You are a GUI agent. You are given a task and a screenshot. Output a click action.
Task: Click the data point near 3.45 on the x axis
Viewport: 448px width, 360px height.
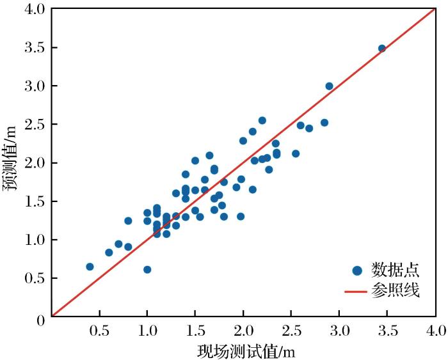coord(382,49)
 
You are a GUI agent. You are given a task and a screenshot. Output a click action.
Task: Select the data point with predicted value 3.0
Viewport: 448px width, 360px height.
coord(329,86)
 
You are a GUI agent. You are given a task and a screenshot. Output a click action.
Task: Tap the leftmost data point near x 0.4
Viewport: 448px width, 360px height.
coord(90,267)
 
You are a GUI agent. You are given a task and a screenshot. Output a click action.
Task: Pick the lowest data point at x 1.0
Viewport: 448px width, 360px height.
coord(147,270)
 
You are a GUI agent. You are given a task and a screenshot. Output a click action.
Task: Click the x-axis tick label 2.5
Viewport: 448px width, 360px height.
coord(291,331)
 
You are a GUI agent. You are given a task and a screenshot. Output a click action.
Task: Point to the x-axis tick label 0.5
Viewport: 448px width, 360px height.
coord(99,331)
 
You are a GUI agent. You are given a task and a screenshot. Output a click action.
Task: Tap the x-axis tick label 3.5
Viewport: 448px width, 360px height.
coord(387,331)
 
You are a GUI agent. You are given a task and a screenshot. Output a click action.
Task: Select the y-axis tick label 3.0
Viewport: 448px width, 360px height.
coord(33,86)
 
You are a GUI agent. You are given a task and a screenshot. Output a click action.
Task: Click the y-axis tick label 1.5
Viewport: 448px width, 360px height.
coord(33,201)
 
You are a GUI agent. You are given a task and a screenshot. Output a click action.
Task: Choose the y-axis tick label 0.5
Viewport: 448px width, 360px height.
coord(33,278)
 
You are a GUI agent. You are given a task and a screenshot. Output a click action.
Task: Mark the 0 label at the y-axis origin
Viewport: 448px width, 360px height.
coord(40,317)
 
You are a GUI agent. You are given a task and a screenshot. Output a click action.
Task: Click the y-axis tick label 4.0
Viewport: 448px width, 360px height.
coord(33,10)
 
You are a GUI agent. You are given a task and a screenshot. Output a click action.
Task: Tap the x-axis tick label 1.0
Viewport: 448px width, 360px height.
coord(147,331)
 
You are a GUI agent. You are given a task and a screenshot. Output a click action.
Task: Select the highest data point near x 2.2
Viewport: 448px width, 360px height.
coord(262,120)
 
